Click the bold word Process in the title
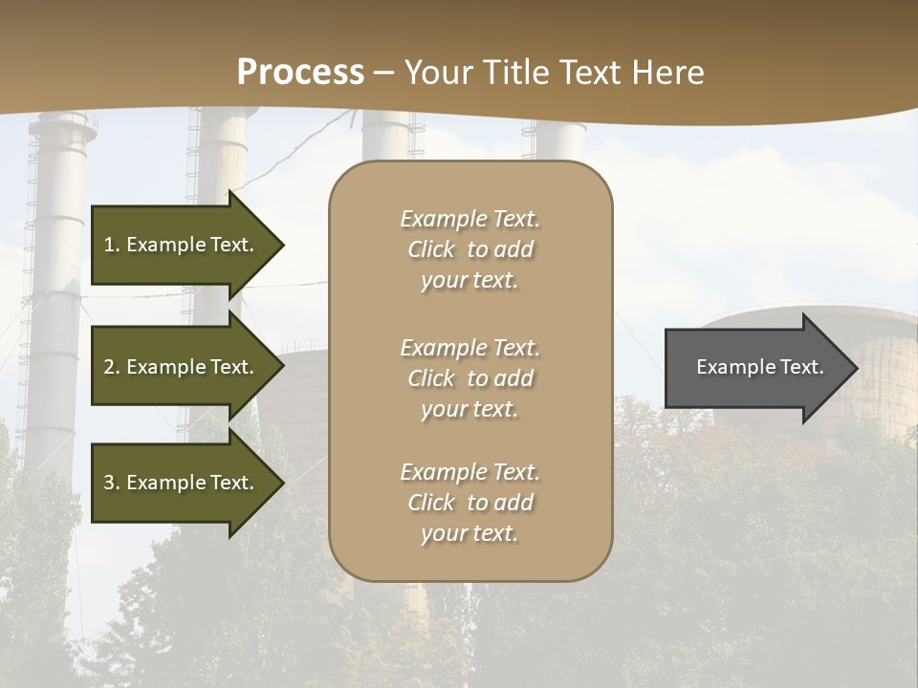(x=300, y=73)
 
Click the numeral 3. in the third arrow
(x=112, y=483)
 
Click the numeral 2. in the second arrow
(x=112, y=367)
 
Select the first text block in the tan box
(x=470, y=249)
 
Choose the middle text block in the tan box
(x=470, y=378)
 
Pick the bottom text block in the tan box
(x=470, y=503)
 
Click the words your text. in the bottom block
(x=470, y=533)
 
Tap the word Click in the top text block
(x=431, y=249)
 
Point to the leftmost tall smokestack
(x=55, y=287)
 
